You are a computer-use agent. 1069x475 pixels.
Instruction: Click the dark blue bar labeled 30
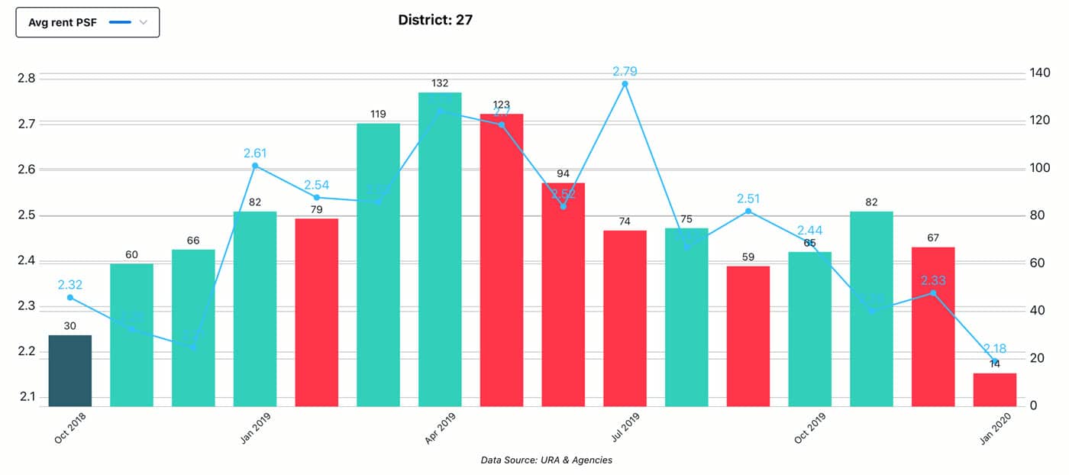pyautogui.click(x=70, y=370)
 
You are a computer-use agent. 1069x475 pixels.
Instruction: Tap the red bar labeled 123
pyautogui.click(x=502, y=260)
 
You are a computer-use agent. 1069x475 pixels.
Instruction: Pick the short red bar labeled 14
pyautogui.click(x=994, y=389)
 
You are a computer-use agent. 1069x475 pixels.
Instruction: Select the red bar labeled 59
pyautogui.click(x=748, y=336)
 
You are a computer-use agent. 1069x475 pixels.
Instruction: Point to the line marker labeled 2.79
pyautogui.click(x=625, y=84)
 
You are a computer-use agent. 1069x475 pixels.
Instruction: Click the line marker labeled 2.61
pyautogui.click(x=255, y=166)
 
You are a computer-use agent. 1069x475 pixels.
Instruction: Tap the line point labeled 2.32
pyautogui.click(x=70, y=297)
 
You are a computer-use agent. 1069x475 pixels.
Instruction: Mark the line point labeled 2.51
pyautogui.click(x=748, y=211)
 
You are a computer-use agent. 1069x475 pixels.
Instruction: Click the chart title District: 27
pyautogui.click(x=435, y=20)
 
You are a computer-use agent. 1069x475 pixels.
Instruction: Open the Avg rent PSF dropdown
pyautogui.click(x=88, y=22)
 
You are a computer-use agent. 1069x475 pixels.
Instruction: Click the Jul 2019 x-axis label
pyautogui.click(x=624, y=428)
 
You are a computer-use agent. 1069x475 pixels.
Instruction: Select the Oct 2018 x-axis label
pyautogui.click(x=69, y=428)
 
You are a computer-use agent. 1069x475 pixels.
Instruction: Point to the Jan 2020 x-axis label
pyautogui.click(x=993, y=428)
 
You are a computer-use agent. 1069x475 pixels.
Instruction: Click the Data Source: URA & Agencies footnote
pyautogui.click(x=546, y=460)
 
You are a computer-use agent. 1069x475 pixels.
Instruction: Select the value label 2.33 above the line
pyautogui.click(x=932, y=280)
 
